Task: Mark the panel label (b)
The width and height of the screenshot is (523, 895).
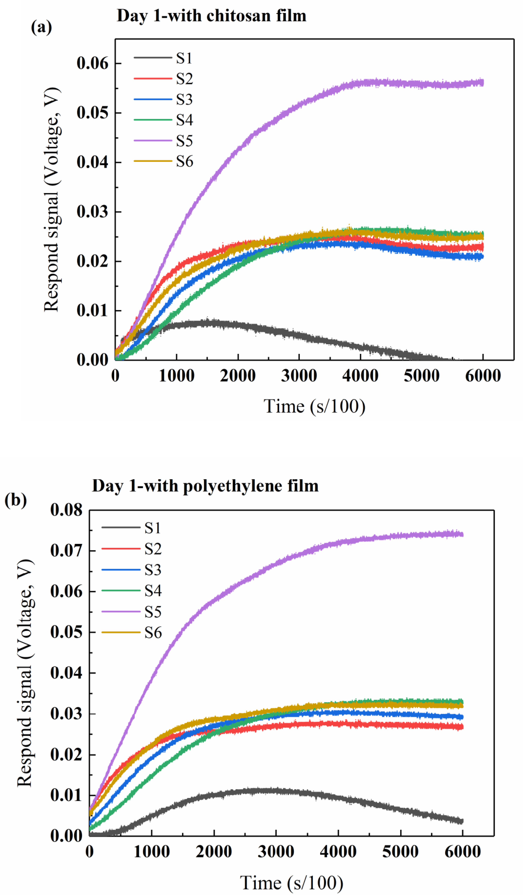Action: pyautogui.click(x=16, y=500)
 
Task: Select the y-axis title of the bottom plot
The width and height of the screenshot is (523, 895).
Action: pyautogui.click(x=26, y=673)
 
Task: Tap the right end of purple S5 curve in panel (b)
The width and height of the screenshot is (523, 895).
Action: pyautogui.click(x=462, y=534)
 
